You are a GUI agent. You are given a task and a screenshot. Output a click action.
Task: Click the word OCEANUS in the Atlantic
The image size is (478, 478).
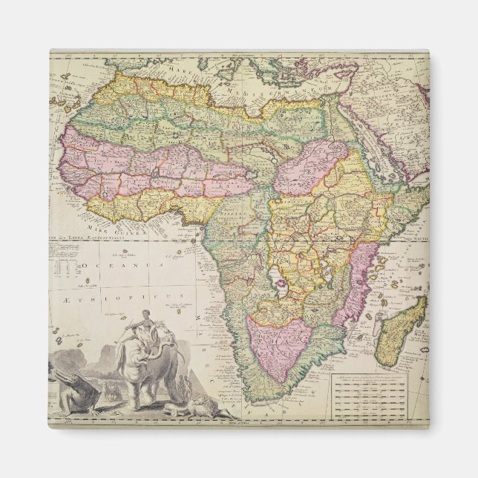(119, 265)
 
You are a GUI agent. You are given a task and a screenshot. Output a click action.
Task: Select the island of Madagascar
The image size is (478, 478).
(402, 330)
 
